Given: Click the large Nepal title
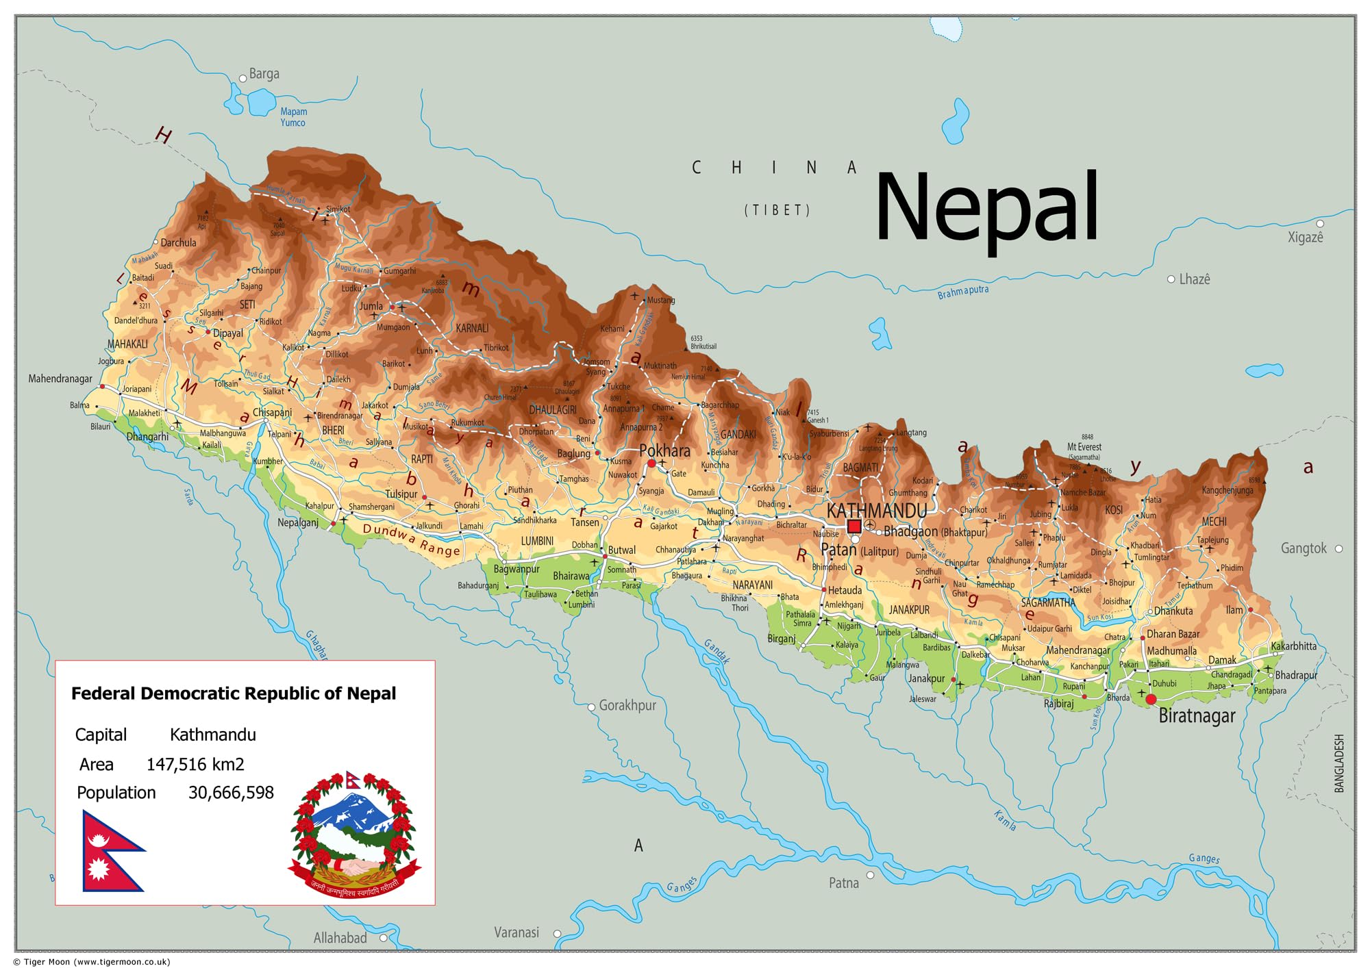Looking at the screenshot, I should click(x=986, y=207).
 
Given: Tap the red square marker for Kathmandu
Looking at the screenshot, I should click(x=854, y=526).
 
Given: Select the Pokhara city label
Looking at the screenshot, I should click(x=664, y=450).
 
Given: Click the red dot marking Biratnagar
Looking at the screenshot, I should click(x=1151, y=699).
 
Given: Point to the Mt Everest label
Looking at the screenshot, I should click(x=1084, y=447).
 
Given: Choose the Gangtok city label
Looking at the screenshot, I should click(x=1304, y=548).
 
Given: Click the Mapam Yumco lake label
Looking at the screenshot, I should click(x=293, y=117).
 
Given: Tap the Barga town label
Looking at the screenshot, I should click(x=264, y=74).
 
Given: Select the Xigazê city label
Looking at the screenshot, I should click(x=1305, y=238).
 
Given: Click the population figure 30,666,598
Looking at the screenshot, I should click(x=231, y=792).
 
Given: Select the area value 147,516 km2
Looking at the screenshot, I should click(x=195, y=764).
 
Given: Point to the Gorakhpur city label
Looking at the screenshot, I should click(x=627, y=705).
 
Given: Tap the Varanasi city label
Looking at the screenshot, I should click(x=516, y=932).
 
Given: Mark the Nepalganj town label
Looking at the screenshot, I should click(x=298, y=522).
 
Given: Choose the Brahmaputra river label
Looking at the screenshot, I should click(x=962, y=292).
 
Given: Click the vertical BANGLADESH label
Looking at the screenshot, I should click(x=1339, y=763).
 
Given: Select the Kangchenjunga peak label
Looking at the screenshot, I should click(x=1227, y=490).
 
